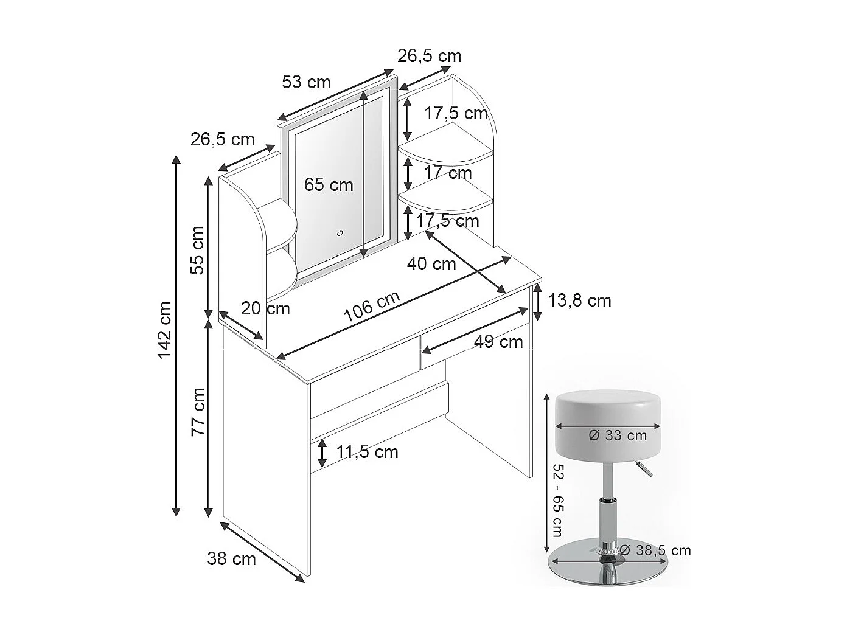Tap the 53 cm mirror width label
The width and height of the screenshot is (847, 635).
tap(306, 82)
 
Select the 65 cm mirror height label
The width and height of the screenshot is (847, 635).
tap(329, 184)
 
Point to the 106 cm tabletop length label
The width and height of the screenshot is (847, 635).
tap(372, 307)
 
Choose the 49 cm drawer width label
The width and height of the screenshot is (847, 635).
tap(498, 342)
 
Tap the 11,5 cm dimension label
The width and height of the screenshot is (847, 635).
tap(368, 452)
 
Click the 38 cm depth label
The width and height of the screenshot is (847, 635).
tap(231, 558)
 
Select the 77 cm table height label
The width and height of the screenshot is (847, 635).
tap(198, 412)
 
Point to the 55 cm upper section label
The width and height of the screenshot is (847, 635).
tap(198, 251)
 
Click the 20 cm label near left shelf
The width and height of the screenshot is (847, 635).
tap(265, 308)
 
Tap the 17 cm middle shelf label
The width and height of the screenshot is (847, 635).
tap(448, 173)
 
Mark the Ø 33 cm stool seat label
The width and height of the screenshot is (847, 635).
tap(618, 435)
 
